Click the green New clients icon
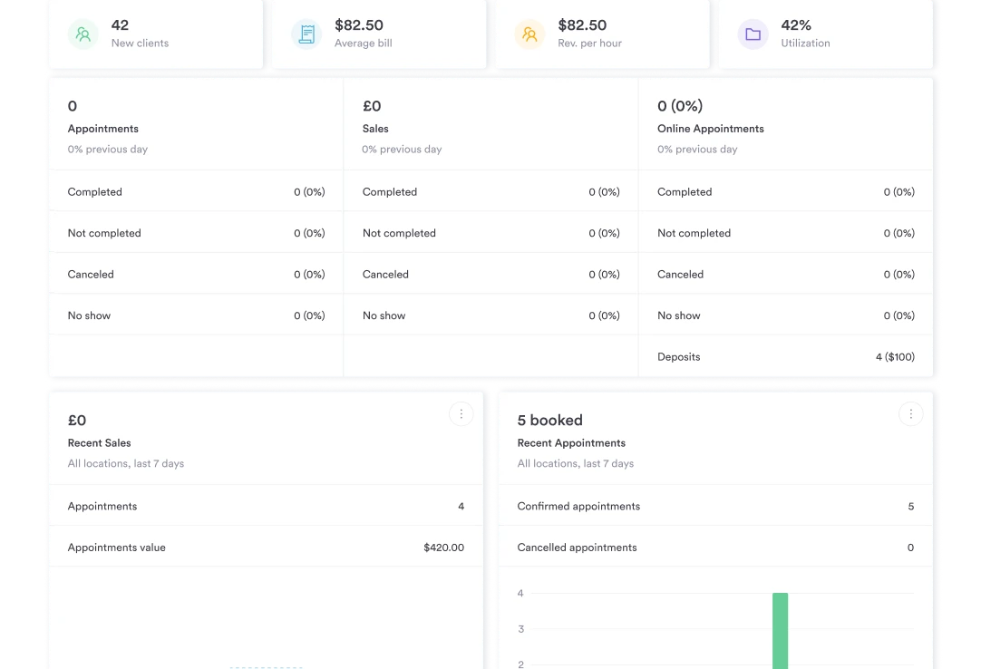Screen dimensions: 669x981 coord(83,34)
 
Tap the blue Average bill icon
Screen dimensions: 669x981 coord(306,34)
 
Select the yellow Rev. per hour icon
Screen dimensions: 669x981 coord(529,34)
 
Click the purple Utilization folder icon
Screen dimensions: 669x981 coord(753,34)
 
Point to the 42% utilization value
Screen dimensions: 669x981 coord(796,25)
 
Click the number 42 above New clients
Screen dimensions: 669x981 coord(120,25)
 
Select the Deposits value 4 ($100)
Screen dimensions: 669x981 coord(895,357)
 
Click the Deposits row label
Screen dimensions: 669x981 coord(679,357)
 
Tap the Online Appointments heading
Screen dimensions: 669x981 coord(711,129)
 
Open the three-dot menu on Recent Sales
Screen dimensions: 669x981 coord(461,414)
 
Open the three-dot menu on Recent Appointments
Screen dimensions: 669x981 coord(910,414)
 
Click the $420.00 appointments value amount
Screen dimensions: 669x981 coord(443,548)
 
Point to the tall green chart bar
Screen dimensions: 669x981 coord(780,630)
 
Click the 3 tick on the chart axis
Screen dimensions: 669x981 coord(520,629)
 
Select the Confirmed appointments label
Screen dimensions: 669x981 coord(578,507)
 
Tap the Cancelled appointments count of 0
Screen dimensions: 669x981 coord(910,548)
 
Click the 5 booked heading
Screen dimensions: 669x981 coord(549,421)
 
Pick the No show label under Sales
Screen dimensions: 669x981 coord(384,315)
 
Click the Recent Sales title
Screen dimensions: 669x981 coord(100,443)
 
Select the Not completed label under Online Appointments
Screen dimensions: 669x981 coord(694,233)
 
